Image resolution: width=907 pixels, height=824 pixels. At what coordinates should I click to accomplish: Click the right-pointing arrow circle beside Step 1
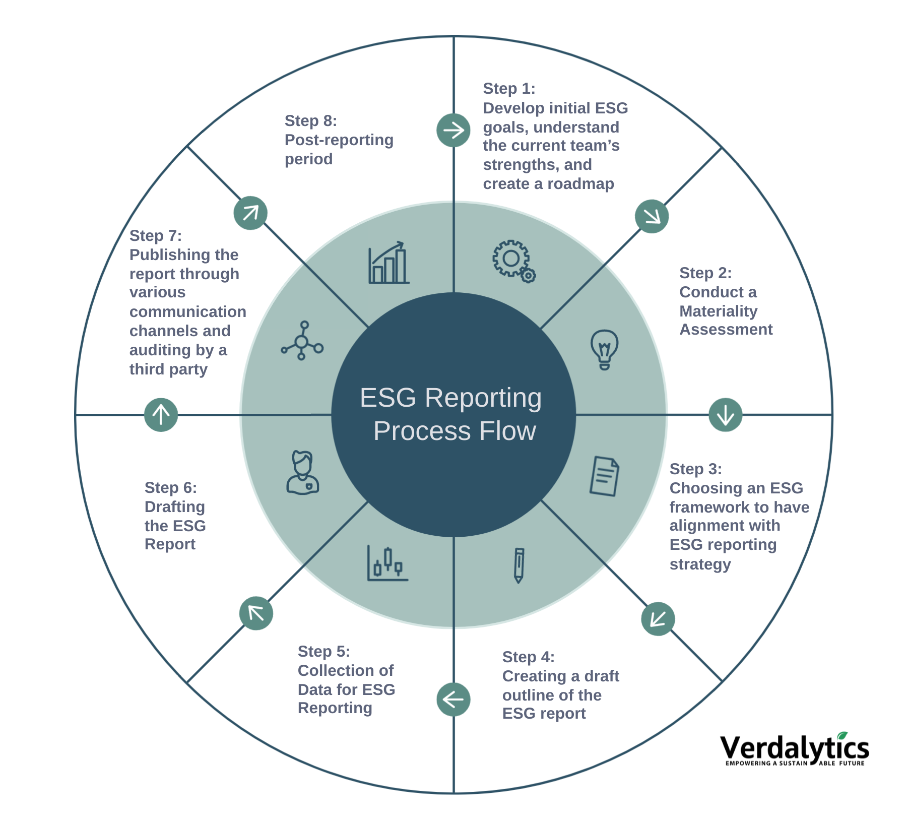(454, 131)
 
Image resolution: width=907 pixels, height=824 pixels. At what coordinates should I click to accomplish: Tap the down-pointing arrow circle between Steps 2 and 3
(725, 415)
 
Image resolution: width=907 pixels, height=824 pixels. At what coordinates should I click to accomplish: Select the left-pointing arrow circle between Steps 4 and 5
(454, 700)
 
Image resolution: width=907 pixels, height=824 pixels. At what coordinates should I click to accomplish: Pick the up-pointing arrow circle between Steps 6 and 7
(161, 415)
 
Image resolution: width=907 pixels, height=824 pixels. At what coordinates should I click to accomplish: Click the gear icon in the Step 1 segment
(513, 260)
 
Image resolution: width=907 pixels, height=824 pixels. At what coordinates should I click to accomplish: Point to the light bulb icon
(604, 349)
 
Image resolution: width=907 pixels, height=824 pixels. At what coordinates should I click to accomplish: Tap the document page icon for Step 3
(604, 476)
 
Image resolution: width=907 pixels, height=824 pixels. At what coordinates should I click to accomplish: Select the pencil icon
(519, 565)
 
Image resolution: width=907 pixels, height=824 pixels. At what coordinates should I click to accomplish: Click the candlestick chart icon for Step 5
(387, 563)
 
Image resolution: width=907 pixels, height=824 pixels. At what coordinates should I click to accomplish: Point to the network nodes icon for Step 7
(302, 341)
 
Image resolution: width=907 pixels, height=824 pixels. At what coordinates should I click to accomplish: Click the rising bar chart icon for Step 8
(388, 263)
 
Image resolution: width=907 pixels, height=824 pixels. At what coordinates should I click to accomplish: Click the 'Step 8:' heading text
(310, 121)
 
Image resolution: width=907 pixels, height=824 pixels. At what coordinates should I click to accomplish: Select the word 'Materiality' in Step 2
(718, 311)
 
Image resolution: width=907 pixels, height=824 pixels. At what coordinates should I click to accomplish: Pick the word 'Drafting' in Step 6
(174, 506)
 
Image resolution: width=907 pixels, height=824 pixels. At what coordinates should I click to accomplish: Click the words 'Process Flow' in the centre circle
(455, 431)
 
